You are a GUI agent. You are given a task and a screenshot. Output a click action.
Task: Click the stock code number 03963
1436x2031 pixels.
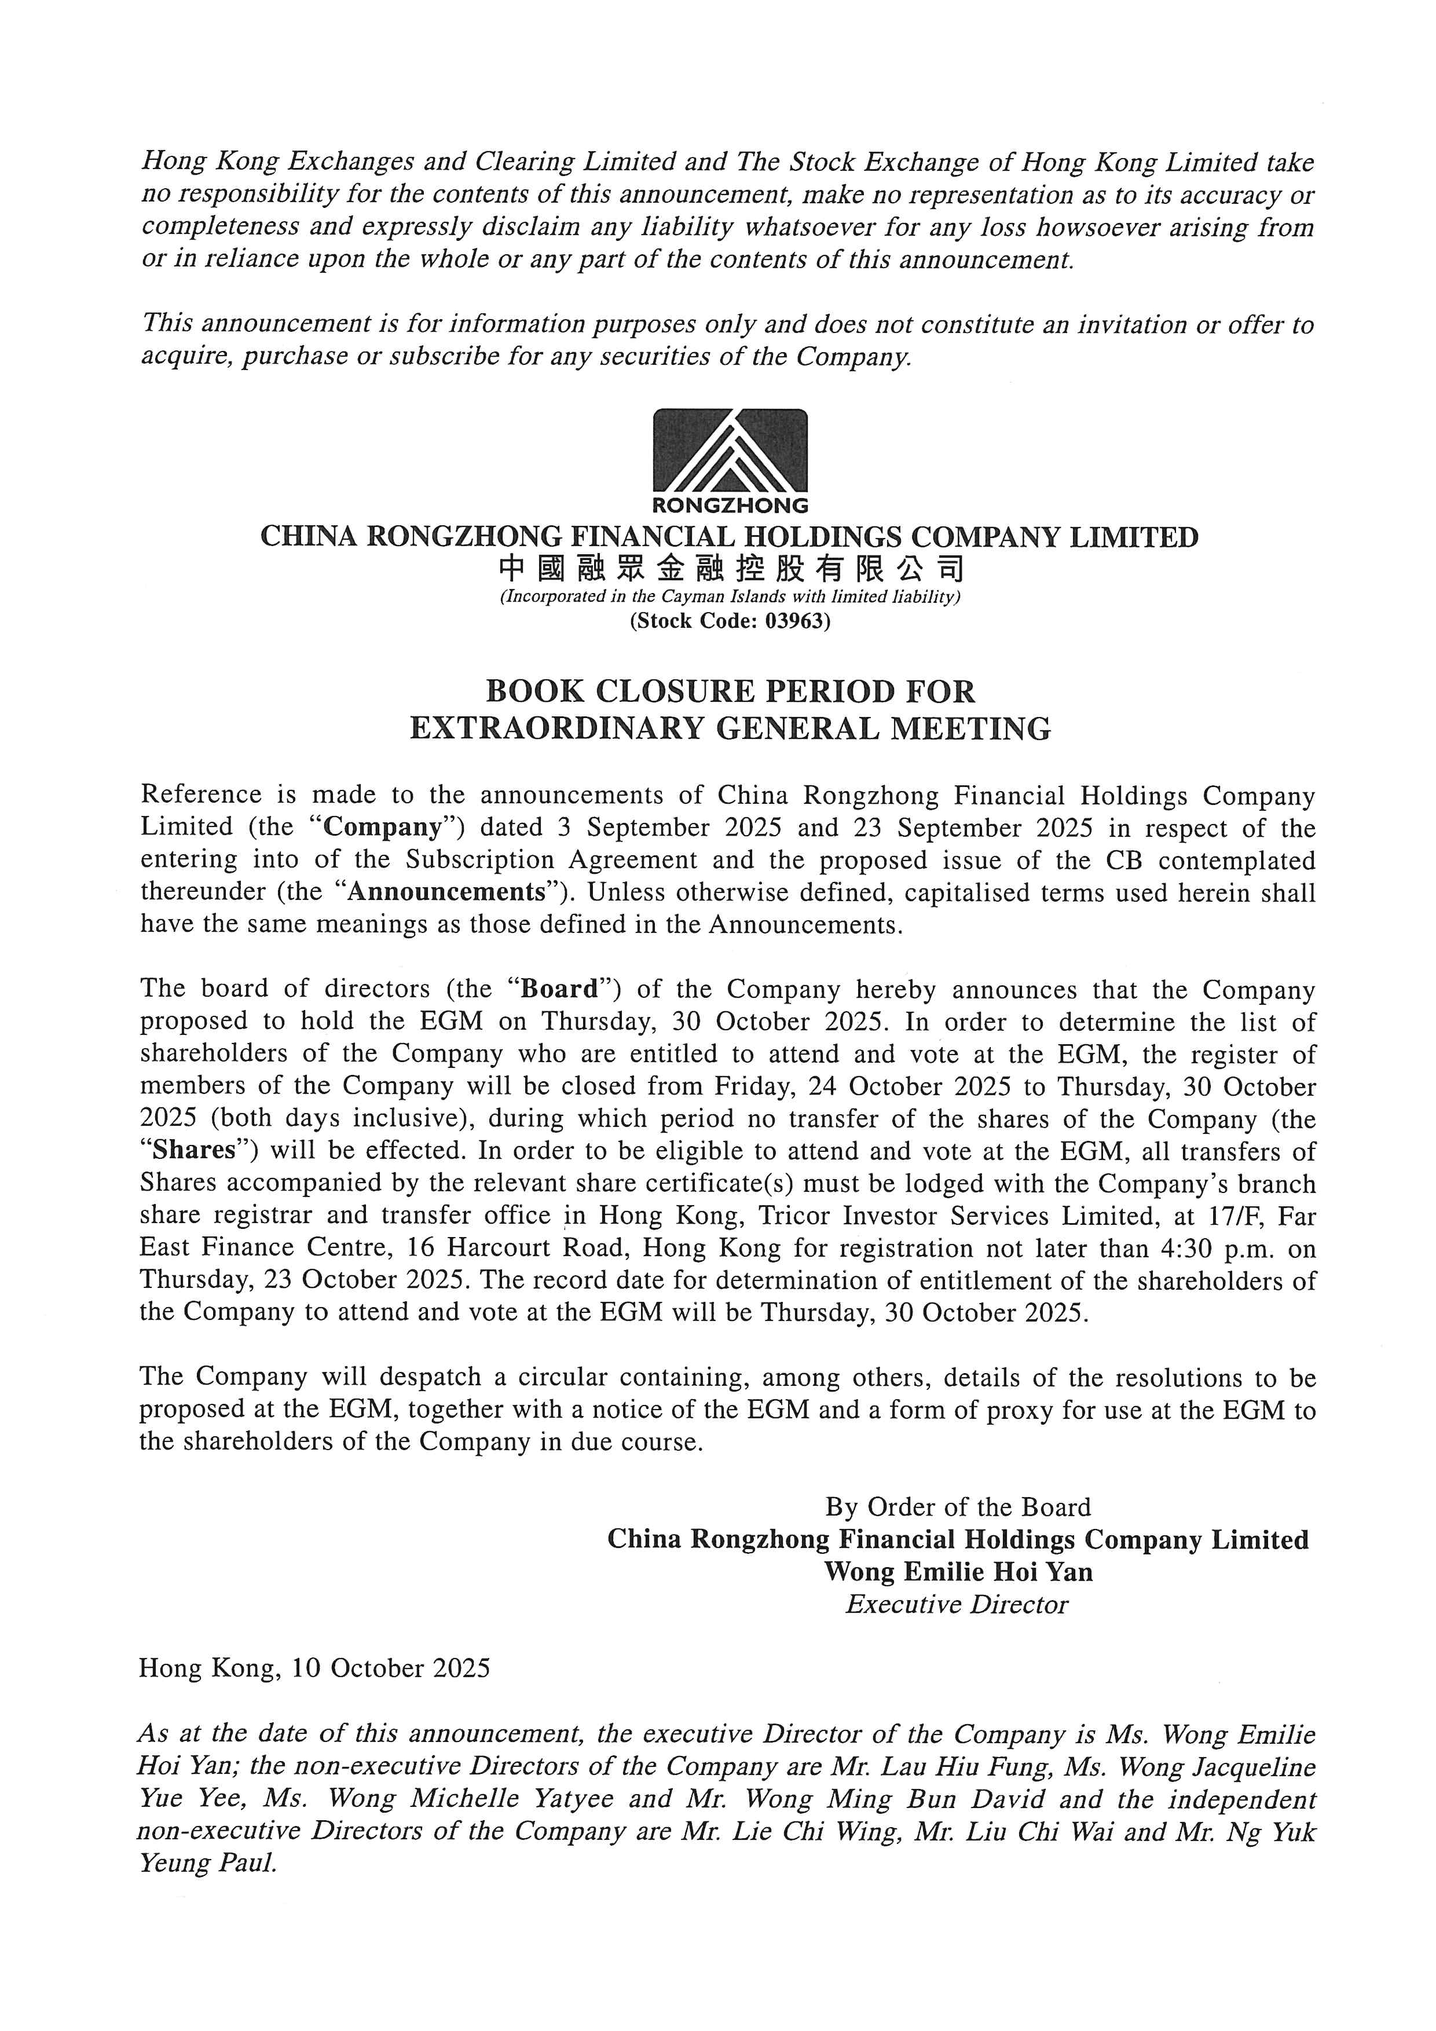click(796, 621)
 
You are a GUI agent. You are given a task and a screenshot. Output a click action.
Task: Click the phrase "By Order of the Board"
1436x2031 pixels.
click(958, 1507)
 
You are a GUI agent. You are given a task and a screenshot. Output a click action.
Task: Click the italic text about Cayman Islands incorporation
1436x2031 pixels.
click(730, 597)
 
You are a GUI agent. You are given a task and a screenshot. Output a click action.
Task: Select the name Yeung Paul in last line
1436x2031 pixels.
click(208, 1864)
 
